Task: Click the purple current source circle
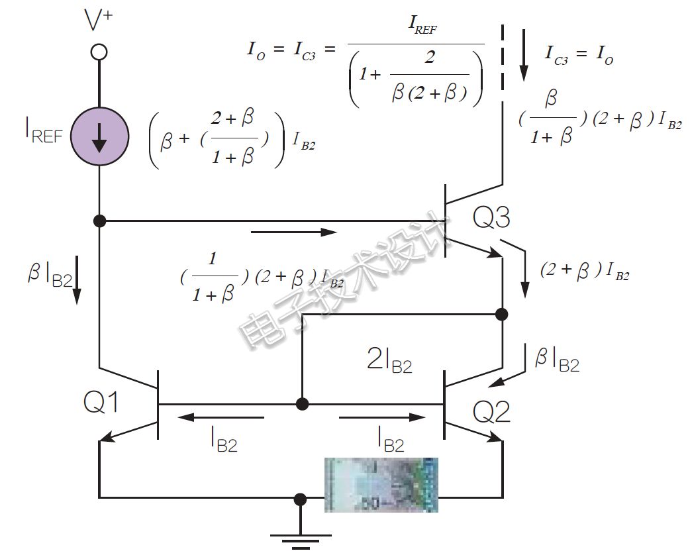(x=99, y=136)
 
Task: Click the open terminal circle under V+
(x=99, y=52)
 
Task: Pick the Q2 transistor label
(x=492, y=413)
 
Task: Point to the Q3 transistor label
(x=492, y=218)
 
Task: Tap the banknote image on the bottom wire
(x=381, y=484)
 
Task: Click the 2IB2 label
(x=389, y=361)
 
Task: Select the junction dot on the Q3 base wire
(x=99, y=221)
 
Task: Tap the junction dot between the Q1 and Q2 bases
(x=302, y=403)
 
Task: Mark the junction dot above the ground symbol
(x=301, y=498)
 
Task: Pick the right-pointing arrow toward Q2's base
(x=382, y=417)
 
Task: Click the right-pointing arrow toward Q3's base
(x=294, y=232)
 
